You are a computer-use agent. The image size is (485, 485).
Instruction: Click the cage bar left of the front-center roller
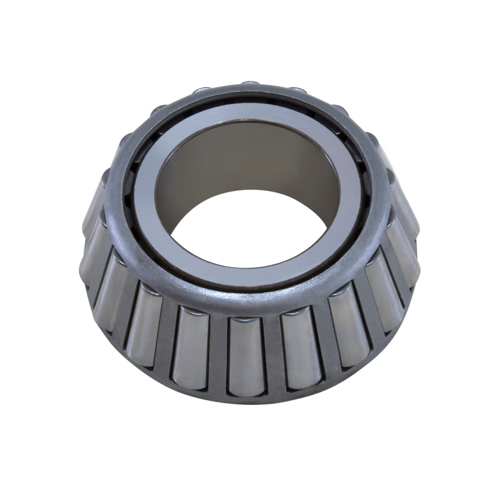tap(216, 355)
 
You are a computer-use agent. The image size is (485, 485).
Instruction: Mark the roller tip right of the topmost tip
tap(297, 91)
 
